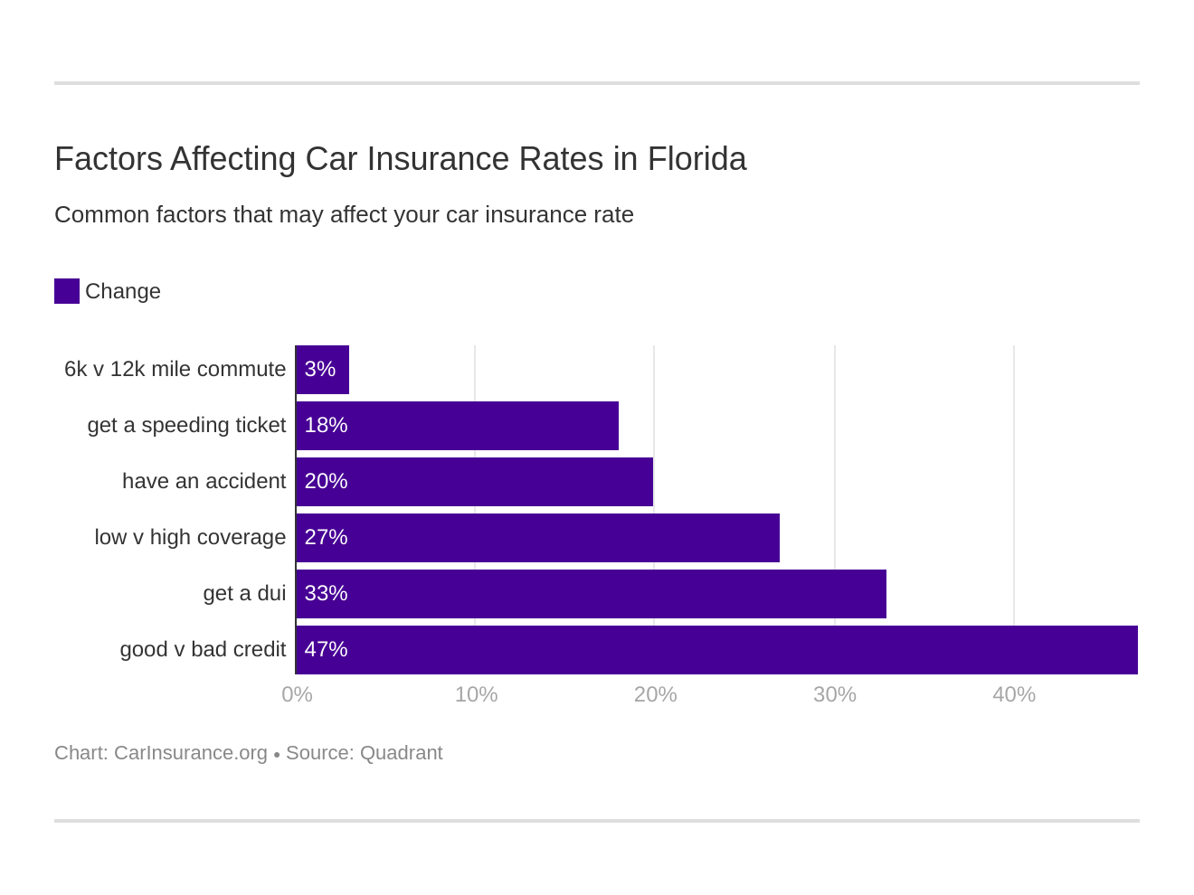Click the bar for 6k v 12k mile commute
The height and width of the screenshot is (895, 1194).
(x=323, y=370)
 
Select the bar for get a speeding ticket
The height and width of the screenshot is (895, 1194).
(x=457, y=426)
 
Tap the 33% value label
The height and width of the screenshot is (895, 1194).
(x=326, y=593)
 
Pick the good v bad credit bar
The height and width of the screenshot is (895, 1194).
(x=716, y=650)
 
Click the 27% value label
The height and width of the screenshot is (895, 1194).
(x=326, y=537)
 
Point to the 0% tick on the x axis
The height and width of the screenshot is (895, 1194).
(x=297, y=694)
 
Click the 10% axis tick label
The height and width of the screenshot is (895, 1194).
(x=476, y=694)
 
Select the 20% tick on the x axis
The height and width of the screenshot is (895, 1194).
(x=655, y=694)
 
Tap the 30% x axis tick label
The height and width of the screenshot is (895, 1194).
(x=834, y=694)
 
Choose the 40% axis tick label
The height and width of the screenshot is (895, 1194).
(x=1013, y=694)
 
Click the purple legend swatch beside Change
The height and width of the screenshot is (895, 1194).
(x=67, y=291)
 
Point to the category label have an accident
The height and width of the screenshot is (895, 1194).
(x=204, y=481)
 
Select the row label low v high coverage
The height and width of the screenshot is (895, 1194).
(x=190, y=537)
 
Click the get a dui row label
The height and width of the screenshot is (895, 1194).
(x=244, y=593)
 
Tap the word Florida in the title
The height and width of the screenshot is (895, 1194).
(x=696, y=159)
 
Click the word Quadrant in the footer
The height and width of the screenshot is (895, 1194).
(x=401, y=753)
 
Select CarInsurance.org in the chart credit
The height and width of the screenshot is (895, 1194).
(x=191, y=753)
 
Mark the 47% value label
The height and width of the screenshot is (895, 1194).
(x=326, y=649)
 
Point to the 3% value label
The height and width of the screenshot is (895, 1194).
(x=319, y=369)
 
